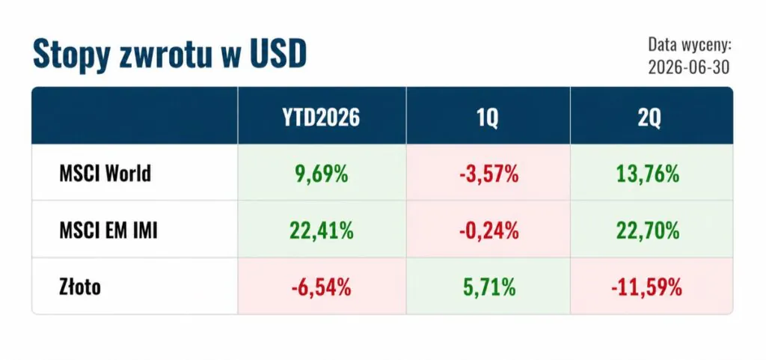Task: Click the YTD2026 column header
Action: [x=322, y=118]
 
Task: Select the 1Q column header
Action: [x=488, y=118]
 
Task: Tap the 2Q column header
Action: [x=652, y=118]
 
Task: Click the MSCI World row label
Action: [x=105, y=174]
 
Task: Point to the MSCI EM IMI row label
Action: [x=108, y=230]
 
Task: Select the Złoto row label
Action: [x=80, y=287]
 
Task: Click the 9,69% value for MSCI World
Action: [x=322, y=174]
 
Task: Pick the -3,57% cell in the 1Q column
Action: [x=488, y=174]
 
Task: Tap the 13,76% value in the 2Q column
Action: [x=652, y=174]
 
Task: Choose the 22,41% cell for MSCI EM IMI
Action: [x=322, y=230]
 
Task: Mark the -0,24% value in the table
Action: [x=488, y=230]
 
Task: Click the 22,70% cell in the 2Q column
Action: [x=652, y=230]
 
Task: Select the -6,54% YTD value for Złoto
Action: [x=322, y=287]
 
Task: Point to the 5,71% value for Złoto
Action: [x=488, y=287]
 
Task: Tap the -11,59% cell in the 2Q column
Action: [x=646, y=287]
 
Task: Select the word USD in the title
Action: [x=276, y=53]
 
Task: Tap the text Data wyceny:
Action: [x=689, y=46]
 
